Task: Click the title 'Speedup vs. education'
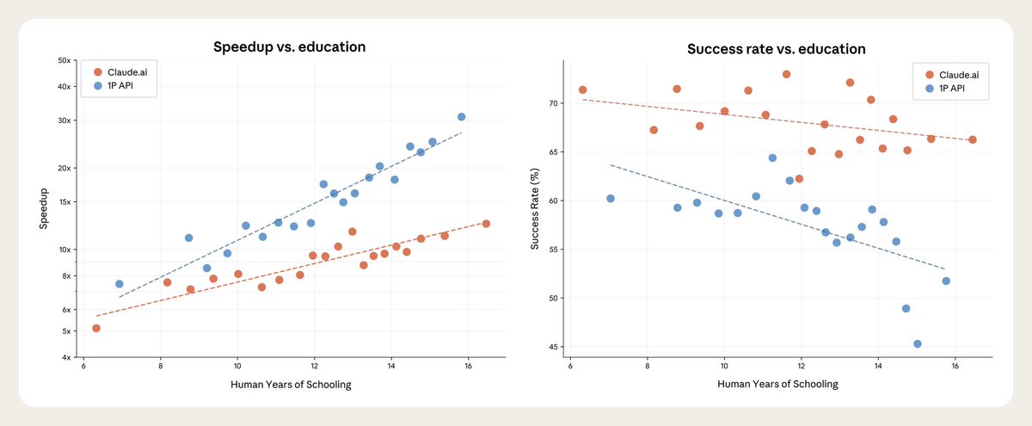coord(290,47)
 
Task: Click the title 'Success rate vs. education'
coord(776,49)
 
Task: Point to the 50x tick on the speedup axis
coord(63,60)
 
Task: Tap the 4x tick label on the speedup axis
coord(65,357)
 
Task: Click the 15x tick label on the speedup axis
coord(63,202)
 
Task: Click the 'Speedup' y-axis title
coord(44,209)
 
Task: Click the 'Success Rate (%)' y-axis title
coord(535,209)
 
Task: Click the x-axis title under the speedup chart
coord(290,384)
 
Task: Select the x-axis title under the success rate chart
coord(777,384)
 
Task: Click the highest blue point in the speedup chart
coord(461,116)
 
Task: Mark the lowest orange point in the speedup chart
coord(96,328)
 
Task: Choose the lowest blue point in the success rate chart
coord(918,343)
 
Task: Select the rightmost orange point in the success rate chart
coord(972,139)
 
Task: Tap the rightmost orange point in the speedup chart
coord(486,224)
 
